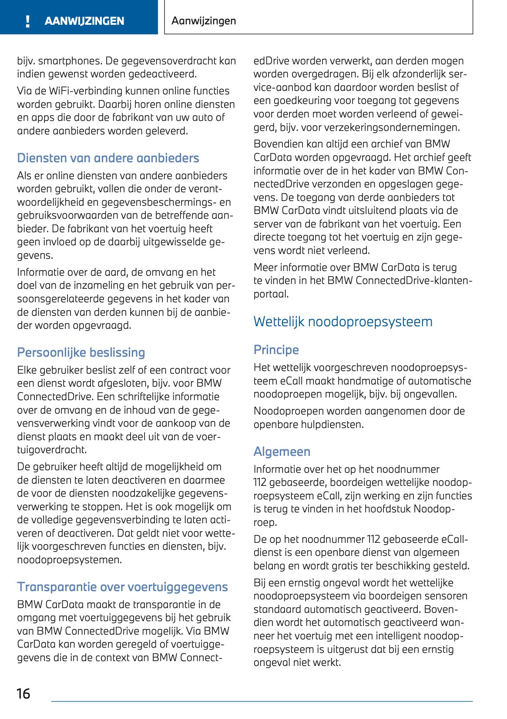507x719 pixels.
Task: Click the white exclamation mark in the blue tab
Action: tap(28, 21)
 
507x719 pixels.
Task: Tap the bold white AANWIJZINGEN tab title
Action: tap(84, 21)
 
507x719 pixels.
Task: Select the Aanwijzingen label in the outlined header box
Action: tap(204, 21)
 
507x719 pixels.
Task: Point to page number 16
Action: tap(24, 693)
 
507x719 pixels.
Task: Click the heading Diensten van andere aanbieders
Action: tap(108, 158)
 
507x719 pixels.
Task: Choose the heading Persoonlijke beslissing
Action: tap(81, 352)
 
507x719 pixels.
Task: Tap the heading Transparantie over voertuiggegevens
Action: tap(122, 587)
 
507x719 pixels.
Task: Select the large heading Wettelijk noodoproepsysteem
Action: tap(343, 321)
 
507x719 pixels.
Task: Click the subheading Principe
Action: tap(276, 350)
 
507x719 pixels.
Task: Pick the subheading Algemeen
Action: tap(282, 451)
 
